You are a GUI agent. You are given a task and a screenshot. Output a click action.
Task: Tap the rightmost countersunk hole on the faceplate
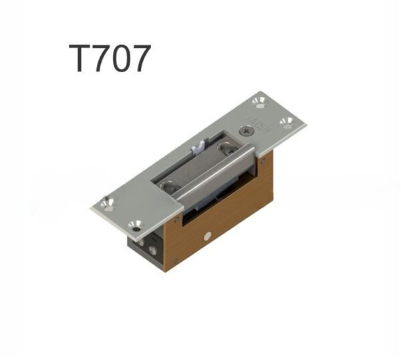click(287, 122)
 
